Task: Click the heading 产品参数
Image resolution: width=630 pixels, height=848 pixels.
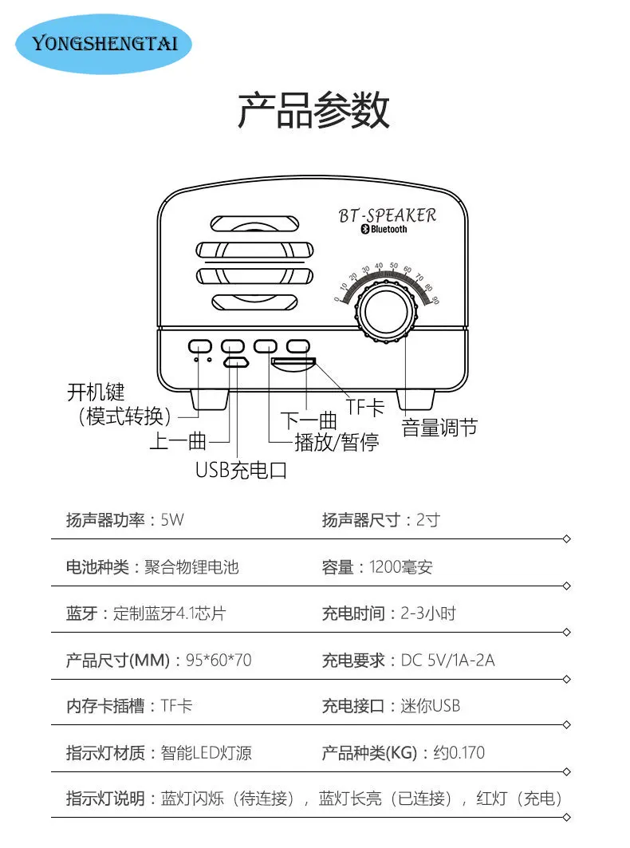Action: [x=314, y=111]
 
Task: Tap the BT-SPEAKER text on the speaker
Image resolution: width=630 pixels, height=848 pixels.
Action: [x=388, y=215]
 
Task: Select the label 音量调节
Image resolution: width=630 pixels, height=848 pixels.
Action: [x=439, y=428]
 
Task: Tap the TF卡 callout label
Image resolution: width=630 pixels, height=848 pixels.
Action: [x=365, y=407]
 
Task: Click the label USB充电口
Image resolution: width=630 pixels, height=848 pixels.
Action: [x=241, y=470]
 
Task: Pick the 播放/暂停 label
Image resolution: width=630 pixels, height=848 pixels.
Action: [x=337, y=442]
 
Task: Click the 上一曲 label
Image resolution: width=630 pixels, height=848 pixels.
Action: [x=179, y=441]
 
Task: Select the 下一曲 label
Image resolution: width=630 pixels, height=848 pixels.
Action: [x=309, y=420]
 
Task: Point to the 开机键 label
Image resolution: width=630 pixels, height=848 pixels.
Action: [x=96, y=392]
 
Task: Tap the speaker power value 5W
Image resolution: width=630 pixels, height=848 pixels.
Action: [x=172, y=520]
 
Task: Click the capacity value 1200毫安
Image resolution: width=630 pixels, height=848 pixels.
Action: [x=400, y=567]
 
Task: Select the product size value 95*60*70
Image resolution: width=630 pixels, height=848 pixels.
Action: [x=219, y=661]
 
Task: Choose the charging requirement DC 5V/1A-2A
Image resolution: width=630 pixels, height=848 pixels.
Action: [x=447, y=661]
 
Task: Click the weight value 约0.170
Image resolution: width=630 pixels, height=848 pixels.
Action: [x=459, y=753]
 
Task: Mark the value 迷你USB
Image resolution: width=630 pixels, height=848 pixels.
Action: [x=430, y=706]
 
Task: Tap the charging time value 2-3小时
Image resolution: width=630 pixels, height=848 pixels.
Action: [x=428, y=613]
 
